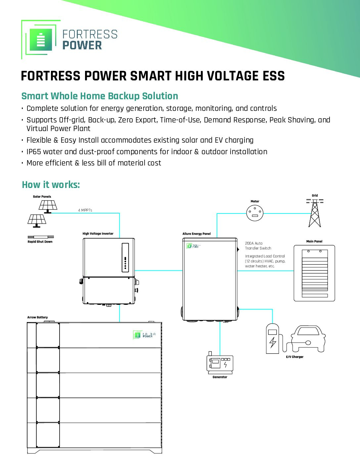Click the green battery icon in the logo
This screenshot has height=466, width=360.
click(x=41, y=40)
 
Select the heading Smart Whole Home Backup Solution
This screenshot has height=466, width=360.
click(x=100, y=96)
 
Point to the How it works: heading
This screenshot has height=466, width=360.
click(x=51, y=185)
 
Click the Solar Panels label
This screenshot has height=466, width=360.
click(x=42, y=197)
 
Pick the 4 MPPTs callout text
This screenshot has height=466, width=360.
click(x=85, y=210)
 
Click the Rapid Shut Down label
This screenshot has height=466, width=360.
click(x=40, y=242)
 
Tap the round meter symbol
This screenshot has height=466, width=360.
click(x=255, y=213)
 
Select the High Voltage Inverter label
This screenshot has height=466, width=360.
click(x=98, y=234)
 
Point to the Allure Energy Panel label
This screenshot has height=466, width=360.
click(x=197, y=234)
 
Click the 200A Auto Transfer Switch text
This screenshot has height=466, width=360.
click(x=258, y=246)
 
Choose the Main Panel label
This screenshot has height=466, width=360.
click(x=314, y=241)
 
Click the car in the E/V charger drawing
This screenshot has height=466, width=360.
click(x=308, y=339)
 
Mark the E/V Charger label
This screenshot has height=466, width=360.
click(x=294, y=357)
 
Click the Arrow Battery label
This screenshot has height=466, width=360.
click(x=37, y=317)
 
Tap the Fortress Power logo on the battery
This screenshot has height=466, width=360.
click(x=144, y=335)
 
